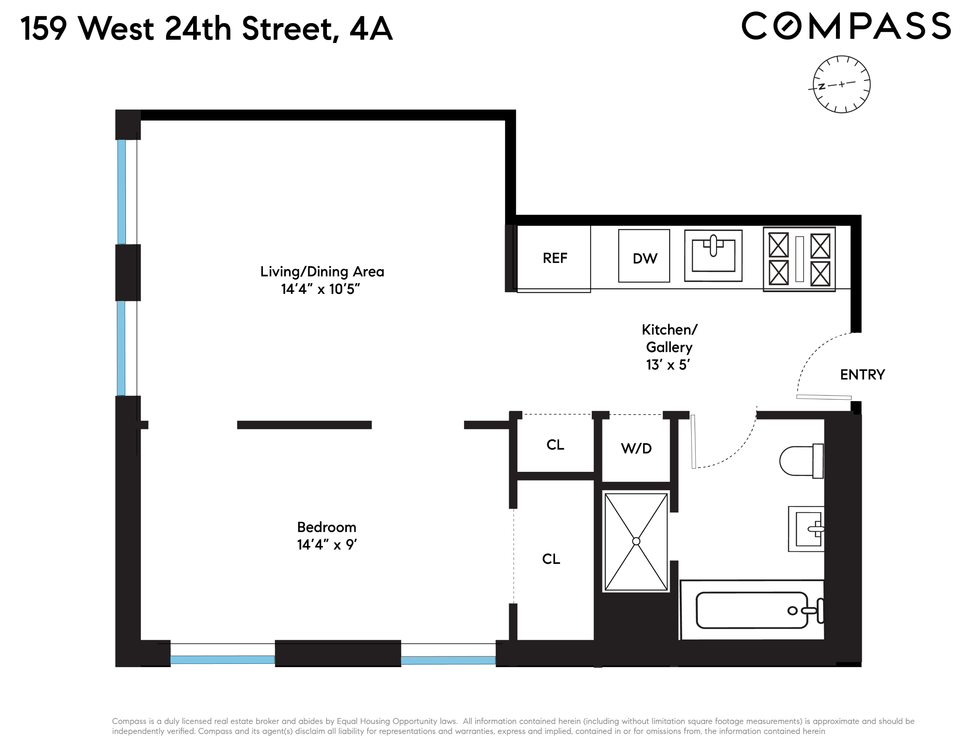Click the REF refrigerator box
(x=554, y=258)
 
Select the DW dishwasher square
(x=644, y=256)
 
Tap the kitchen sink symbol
(x=713, y=256)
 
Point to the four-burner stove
(x=799, y=259)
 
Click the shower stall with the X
(x=636, y=542)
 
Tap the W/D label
(x=636, y=448)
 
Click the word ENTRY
(x=862, y=375)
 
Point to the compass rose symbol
(x=841, y=84)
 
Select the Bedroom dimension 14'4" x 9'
(x=327, y=545)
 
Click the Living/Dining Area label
(x=322, y=271)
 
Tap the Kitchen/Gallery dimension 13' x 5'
(x=668, y=365)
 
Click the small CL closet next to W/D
(x=555, y=445)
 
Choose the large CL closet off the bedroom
(x=551, y=559)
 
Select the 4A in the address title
(x=371, y=29)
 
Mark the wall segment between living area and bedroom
(x=304, y=425)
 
